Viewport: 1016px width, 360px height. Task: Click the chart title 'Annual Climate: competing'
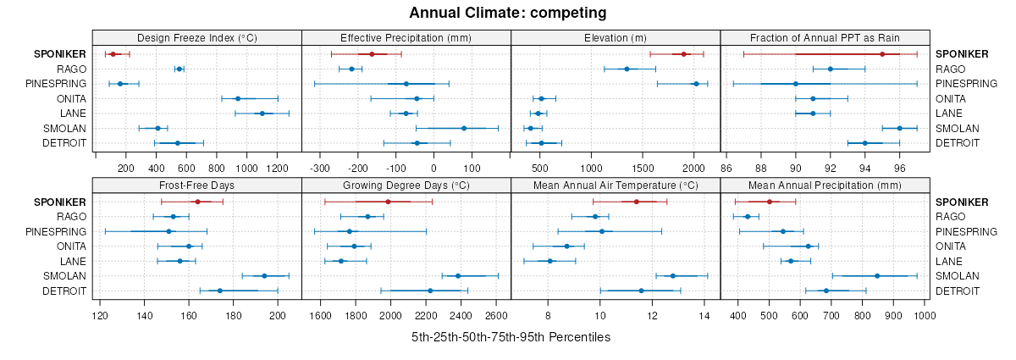tap(507, 13)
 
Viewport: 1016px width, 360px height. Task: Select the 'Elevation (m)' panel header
tap(616, 37)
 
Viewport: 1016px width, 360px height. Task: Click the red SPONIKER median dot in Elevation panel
tap(683, 54)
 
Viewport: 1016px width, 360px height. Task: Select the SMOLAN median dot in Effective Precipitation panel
tap(464, 128)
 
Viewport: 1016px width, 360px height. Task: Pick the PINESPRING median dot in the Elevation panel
tap(696, 84)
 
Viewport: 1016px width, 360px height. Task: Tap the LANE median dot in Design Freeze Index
tap(262, 114)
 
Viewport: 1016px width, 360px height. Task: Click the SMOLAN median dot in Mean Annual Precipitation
tap(876, 276)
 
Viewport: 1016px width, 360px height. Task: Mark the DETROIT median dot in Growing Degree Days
tap(430, 291)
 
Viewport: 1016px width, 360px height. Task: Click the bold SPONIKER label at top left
tap(59, 54)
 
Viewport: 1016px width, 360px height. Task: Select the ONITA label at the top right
tap(952, 98)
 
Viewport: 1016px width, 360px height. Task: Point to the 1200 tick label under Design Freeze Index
tap(277, 168)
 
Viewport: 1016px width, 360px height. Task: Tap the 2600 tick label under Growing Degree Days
tap(497, 316)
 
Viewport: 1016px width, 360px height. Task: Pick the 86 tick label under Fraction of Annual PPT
tap(726, 168)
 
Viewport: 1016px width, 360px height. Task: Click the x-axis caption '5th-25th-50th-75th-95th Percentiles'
tap(511, 337)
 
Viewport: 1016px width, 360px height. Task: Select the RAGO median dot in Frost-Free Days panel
tap(174, 217)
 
